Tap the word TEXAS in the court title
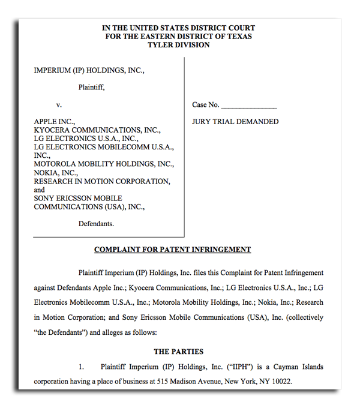(238, 37)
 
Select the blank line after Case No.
(249, 106)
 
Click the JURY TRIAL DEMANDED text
(235, 122)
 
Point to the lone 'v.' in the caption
(59, 105)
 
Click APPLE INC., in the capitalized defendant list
(55, 122)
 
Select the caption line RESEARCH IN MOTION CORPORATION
(102, 181)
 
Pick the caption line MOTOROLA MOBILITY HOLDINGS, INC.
(104, 164)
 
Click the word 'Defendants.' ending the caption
(96, 224)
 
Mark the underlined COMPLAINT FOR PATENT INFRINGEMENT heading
(172, 250)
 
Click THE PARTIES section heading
(178, 352)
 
